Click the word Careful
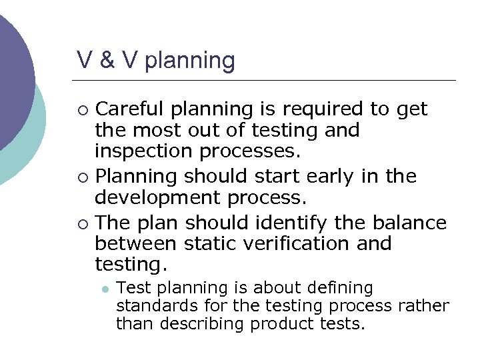(131, 109)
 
